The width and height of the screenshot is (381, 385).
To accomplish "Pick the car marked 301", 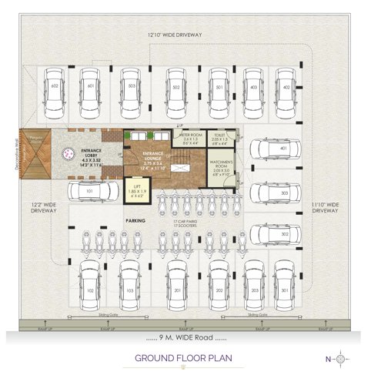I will tap(284, 284).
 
